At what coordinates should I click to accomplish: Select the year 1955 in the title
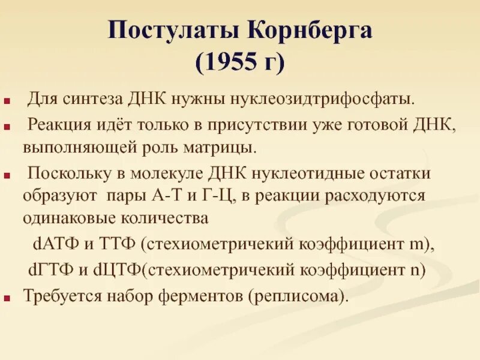(x=231, y=62)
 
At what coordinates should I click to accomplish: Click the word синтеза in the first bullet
(x=85, y=97)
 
